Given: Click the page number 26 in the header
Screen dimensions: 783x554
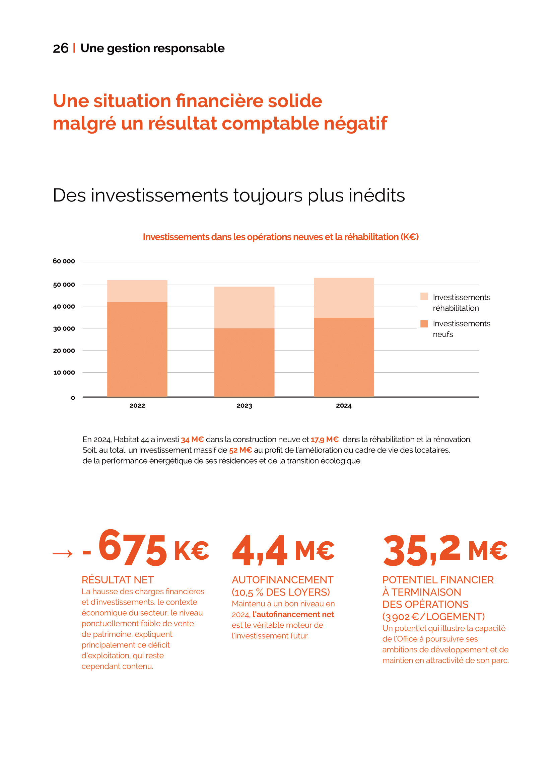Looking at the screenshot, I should (x=60, y=49).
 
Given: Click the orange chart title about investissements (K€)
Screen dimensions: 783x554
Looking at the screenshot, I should (x=280, y=237).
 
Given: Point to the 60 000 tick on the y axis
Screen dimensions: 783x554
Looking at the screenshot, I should (x=64, y=261).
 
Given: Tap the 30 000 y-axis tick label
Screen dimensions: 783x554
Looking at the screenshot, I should (x=64, y=329).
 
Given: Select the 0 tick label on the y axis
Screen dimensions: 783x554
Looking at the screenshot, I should (x=73, y=398).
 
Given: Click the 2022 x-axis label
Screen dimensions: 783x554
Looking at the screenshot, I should (x=137, y=405).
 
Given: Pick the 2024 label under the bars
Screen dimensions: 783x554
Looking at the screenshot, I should (x=344, y=405).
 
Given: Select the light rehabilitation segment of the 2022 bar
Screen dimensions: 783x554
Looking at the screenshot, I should (x=137, y=291).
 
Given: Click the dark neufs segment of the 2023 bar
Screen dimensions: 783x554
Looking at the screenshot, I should (x=244, y=362).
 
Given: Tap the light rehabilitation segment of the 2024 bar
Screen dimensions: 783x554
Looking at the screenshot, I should (x=344, y=298).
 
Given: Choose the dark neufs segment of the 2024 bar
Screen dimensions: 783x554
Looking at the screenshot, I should (x=344, y=357).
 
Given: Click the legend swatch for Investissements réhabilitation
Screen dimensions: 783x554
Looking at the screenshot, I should (x=424, y=296).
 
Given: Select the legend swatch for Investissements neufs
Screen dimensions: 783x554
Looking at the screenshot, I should (x=424, y=324).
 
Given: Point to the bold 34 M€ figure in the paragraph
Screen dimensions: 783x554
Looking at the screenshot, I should (x=192, y=440).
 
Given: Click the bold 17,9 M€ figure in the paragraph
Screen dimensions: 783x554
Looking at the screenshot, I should (x=325, y=440).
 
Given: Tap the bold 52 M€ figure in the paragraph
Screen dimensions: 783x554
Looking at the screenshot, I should (x=240, y=450).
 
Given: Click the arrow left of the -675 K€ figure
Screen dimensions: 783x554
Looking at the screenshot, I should (x=63, y=553).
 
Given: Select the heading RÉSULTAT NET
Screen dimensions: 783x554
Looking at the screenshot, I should (x=118, y=580).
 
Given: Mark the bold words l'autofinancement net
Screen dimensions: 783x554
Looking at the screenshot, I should (x=293, y=614).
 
